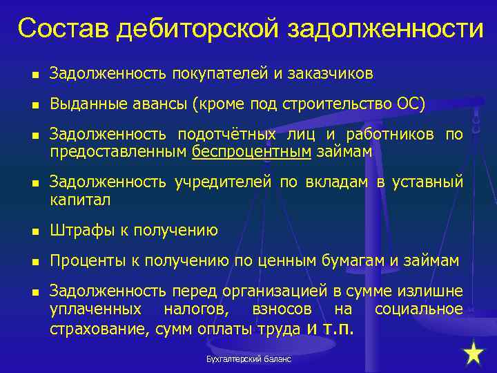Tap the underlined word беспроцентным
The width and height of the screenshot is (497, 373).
pos(252,152)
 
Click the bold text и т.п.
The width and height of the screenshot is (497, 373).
pos(329,329)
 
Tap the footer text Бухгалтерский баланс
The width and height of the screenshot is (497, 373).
pos(248,360)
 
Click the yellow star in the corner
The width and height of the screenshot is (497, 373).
pos(474,354)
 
